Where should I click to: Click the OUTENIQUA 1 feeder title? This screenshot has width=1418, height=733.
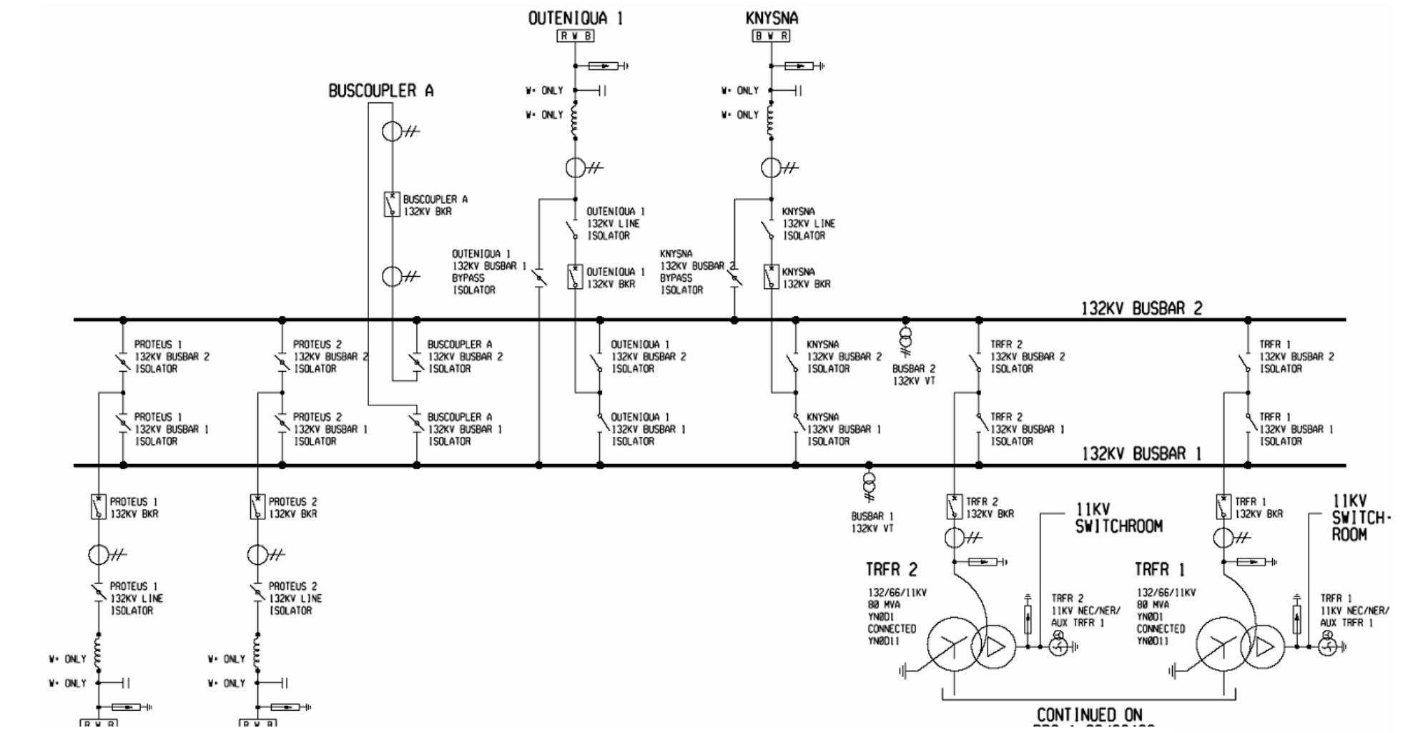click(x=575, y=19)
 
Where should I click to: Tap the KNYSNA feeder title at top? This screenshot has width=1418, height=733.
click(x=771, y=19)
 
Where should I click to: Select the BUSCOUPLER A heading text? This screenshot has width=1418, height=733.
click(x=380, y=91)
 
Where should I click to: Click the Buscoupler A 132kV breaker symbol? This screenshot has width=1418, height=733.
click(x=391, y=205)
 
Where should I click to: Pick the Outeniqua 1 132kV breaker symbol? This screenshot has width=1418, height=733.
click(x=575, y=277)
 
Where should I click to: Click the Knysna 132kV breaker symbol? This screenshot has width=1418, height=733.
click(x=771, y=277)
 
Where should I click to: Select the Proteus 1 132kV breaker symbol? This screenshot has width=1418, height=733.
click(x=99, y=506)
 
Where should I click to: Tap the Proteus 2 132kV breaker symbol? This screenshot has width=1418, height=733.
click(x=257, y=506)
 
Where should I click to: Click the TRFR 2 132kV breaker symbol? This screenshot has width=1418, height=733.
click(x=954, y=506)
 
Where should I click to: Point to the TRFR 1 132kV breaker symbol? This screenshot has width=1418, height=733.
click(x=1223, y=506)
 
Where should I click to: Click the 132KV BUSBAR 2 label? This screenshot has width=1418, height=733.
click(x=1141, y=308)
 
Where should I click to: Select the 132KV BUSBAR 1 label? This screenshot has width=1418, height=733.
click(x=1141, y=454)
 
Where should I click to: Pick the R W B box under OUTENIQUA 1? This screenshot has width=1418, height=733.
click(x=575, y=36)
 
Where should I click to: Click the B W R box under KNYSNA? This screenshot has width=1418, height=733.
click(x=771, y=36)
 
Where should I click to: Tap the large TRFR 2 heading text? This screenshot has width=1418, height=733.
click(x=891, y=570)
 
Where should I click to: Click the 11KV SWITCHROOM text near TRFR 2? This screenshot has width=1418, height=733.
click(x=1118, y=518)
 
